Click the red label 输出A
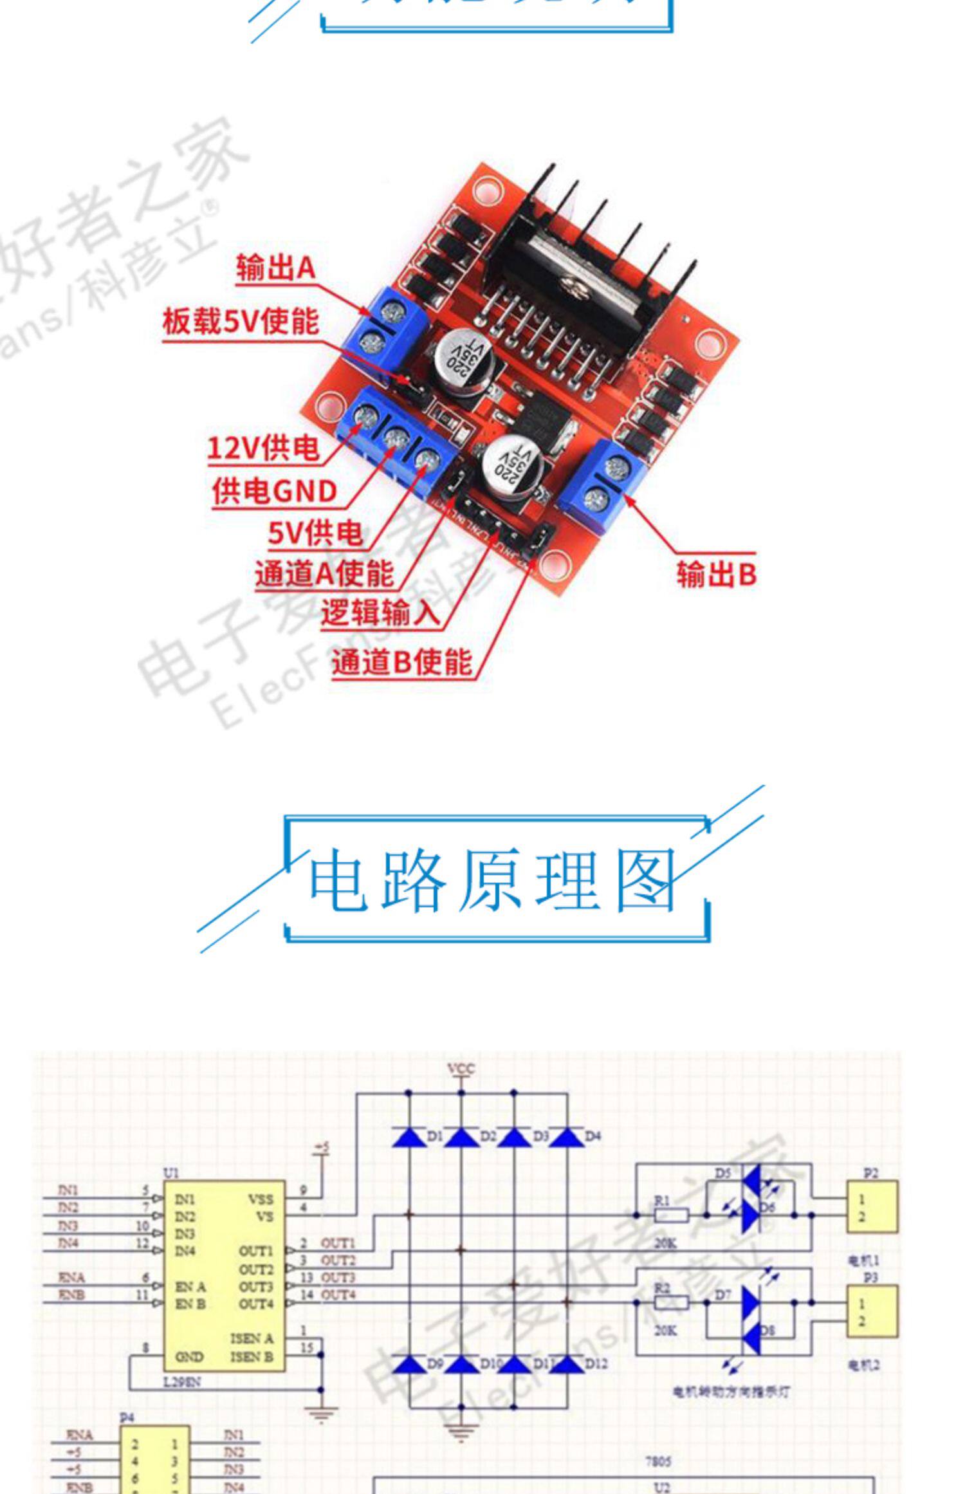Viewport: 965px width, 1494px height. [x=275, y=267]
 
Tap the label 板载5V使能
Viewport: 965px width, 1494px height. [x=240, y=321]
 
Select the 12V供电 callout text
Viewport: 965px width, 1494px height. [x=263, y=448]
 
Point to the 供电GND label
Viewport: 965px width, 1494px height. [x=275, y=492]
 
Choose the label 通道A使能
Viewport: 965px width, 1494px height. [x=324, y=573]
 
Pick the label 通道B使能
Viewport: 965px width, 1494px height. [x=402, y=662]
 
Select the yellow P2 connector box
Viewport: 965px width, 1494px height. [x=871, y=1207]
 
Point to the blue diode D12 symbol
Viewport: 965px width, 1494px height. [x=567, y=1364]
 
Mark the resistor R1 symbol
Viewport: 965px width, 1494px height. [x=671, y=1215]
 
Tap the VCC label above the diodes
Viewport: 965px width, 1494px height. [x=461, y=1069]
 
